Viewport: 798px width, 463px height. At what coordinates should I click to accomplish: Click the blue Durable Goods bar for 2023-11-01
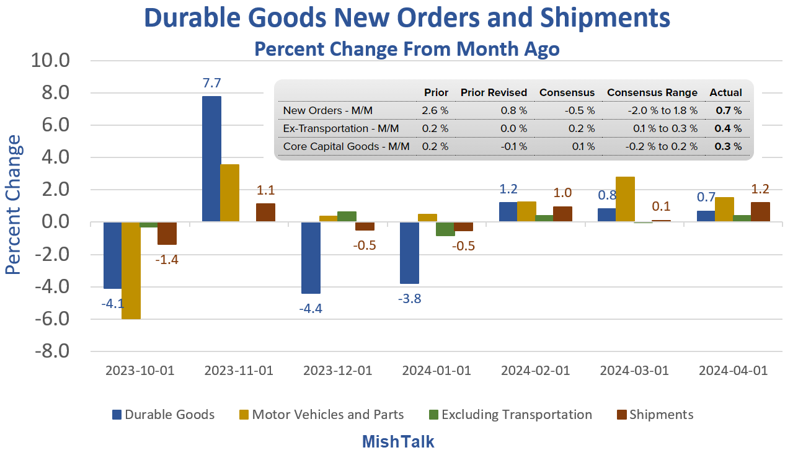coord(212,159)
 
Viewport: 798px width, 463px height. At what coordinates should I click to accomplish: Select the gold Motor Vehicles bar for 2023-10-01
coord(131,270)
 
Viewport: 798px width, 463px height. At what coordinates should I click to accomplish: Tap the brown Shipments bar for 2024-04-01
coord(761,212)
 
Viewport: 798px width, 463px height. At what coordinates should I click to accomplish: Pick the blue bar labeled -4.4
coord(311,258)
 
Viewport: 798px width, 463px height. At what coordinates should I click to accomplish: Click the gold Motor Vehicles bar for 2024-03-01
coord(625,200)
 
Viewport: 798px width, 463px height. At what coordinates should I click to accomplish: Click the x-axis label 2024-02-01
coord(535,371)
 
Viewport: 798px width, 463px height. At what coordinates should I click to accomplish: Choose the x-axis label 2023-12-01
coord(337,371)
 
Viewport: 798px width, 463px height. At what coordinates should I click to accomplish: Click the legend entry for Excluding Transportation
coord(516,415)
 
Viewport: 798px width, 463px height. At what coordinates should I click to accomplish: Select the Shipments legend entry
coord(661,415)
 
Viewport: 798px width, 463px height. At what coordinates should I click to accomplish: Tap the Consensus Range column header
coord(652,92)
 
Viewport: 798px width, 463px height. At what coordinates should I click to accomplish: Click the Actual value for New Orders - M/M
coord(729,111)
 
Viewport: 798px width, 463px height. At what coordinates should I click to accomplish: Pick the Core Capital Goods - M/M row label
coord(346,147)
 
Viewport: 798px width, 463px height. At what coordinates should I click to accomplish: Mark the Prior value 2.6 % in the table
coord(435,111)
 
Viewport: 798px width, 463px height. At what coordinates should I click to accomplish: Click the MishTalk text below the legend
coord(398,441)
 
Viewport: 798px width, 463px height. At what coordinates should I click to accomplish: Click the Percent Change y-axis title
coord(14,205)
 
